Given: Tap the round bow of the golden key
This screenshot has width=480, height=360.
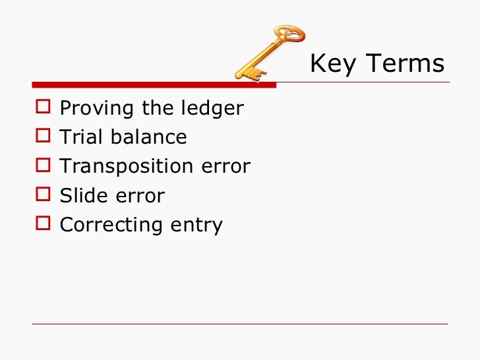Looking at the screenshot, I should point(289,34).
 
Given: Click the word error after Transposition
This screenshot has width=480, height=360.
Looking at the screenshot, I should point(226,167).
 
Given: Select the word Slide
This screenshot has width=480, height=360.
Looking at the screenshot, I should point(80,196).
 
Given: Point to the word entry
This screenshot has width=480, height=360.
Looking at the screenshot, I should point(196,225).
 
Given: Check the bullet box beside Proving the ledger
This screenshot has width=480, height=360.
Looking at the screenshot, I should point(44,108).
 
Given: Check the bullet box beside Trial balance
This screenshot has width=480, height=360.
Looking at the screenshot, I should point(44,137).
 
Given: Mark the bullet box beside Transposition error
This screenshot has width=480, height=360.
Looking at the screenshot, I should point(44,166).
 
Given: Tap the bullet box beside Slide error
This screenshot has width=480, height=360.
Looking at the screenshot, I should point(44,195).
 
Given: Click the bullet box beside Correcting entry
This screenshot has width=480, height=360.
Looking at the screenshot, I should point(44,224).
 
